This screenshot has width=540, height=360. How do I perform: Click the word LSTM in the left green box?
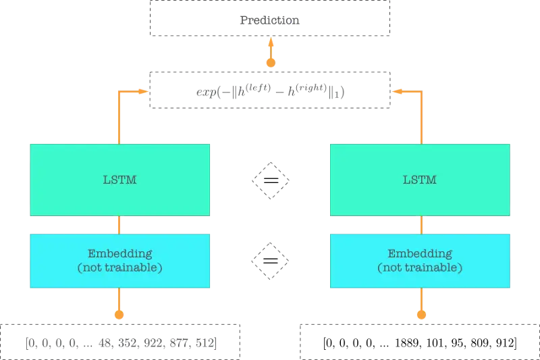119,180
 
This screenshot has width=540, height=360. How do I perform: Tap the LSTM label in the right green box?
420,180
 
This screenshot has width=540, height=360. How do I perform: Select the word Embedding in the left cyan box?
119,254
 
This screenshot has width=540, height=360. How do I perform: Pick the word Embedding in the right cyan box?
420,254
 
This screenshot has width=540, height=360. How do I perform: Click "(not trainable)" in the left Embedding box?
119,267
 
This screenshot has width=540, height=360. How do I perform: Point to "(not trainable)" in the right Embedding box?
420,267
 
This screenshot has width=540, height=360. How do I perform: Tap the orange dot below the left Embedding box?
119,314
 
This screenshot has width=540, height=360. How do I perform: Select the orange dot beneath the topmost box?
270,63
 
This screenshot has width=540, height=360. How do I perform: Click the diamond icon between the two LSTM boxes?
270,180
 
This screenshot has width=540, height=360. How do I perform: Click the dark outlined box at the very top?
270,19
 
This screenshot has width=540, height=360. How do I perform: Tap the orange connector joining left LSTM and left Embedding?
119,225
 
